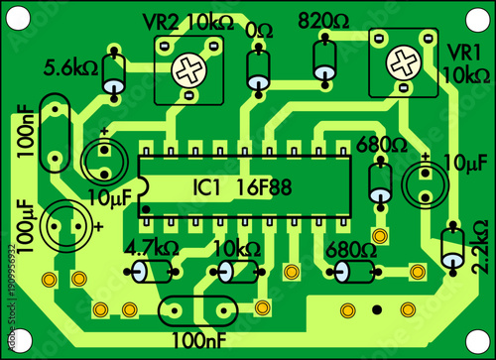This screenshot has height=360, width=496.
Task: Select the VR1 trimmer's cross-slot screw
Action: pos(403,62)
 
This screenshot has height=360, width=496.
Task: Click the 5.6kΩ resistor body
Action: pos(115,73)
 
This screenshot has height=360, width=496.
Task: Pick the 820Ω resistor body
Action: pos(324,61)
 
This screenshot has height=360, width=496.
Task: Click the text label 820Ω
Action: pos(323,20)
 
